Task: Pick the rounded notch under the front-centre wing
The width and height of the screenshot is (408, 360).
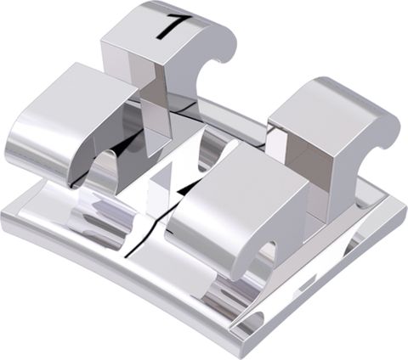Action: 266,254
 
